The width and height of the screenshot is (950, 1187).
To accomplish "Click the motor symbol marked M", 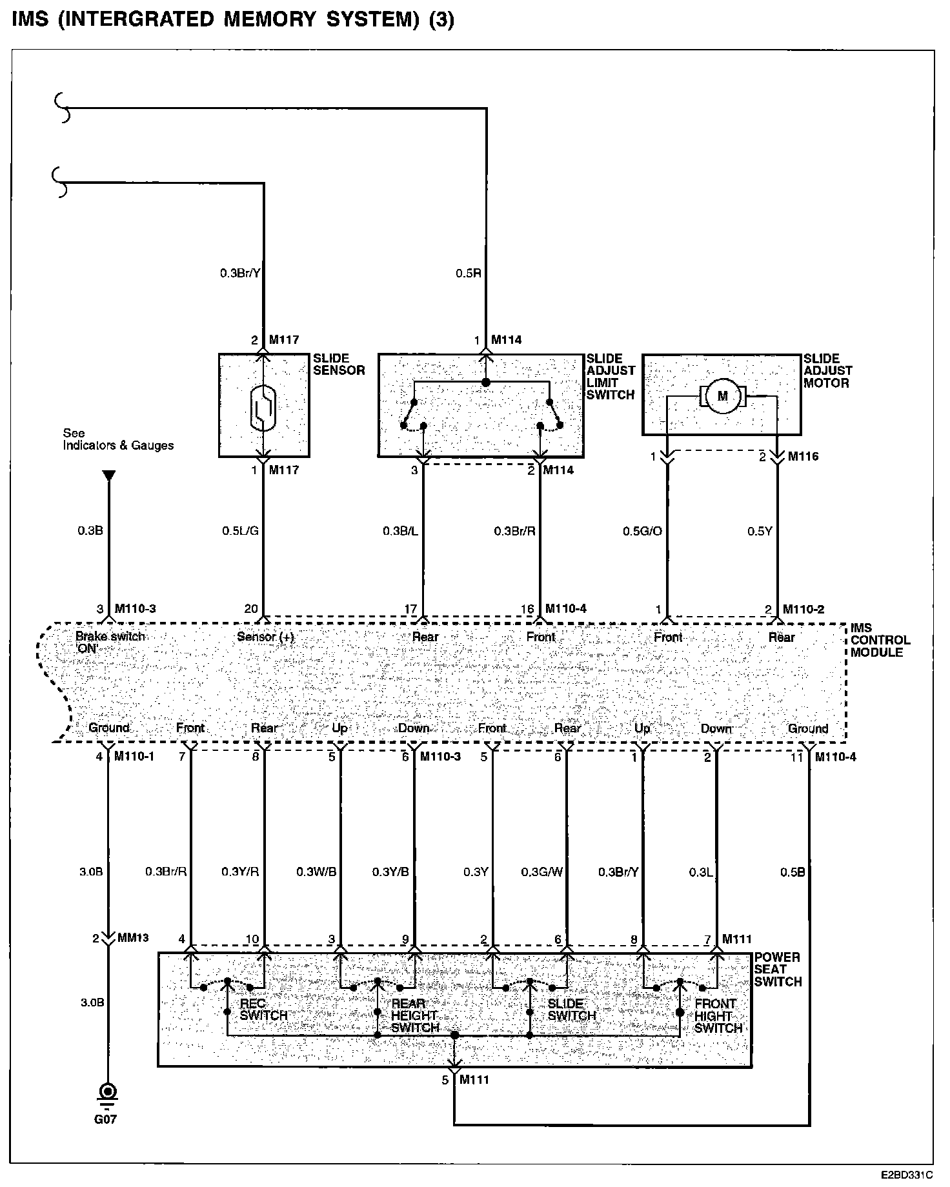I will [722, 396].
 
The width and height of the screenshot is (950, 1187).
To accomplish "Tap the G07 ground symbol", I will [107, 1092].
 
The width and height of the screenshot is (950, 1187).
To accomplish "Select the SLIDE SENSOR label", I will [339, 364].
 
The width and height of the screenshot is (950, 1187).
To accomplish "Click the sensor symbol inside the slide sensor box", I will [263, 407].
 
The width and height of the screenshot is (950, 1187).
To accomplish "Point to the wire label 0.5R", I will [469, 273].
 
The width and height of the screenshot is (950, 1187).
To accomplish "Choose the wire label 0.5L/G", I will [240, 531].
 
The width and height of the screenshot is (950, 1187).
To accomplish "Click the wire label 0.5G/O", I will [642, 531].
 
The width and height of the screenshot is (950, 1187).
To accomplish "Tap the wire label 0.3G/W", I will [542, 872].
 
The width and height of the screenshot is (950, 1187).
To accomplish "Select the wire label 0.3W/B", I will [316, 872].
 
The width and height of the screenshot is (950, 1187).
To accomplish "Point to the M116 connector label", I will [803, 457].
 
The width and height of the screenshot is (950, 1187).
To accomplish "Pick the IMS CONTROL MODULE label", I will [880, 640].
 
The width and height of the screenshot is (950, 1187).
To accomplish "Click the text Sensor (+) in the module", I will [265, 637].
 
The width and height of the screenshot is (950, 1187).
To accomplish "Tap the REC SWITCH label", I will [263, 1010].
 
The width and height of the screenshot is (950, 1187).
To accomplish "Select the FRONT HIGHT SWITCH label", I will [718, 1015].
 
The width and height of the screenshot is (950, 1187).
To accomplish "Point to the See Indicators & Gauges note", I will [117, 439].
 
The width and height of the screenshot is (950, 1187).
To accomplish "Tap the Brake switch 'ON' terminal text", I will [110, 642].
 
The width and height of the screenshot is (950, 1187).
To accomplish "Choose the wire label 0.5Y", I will [760, 531].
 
